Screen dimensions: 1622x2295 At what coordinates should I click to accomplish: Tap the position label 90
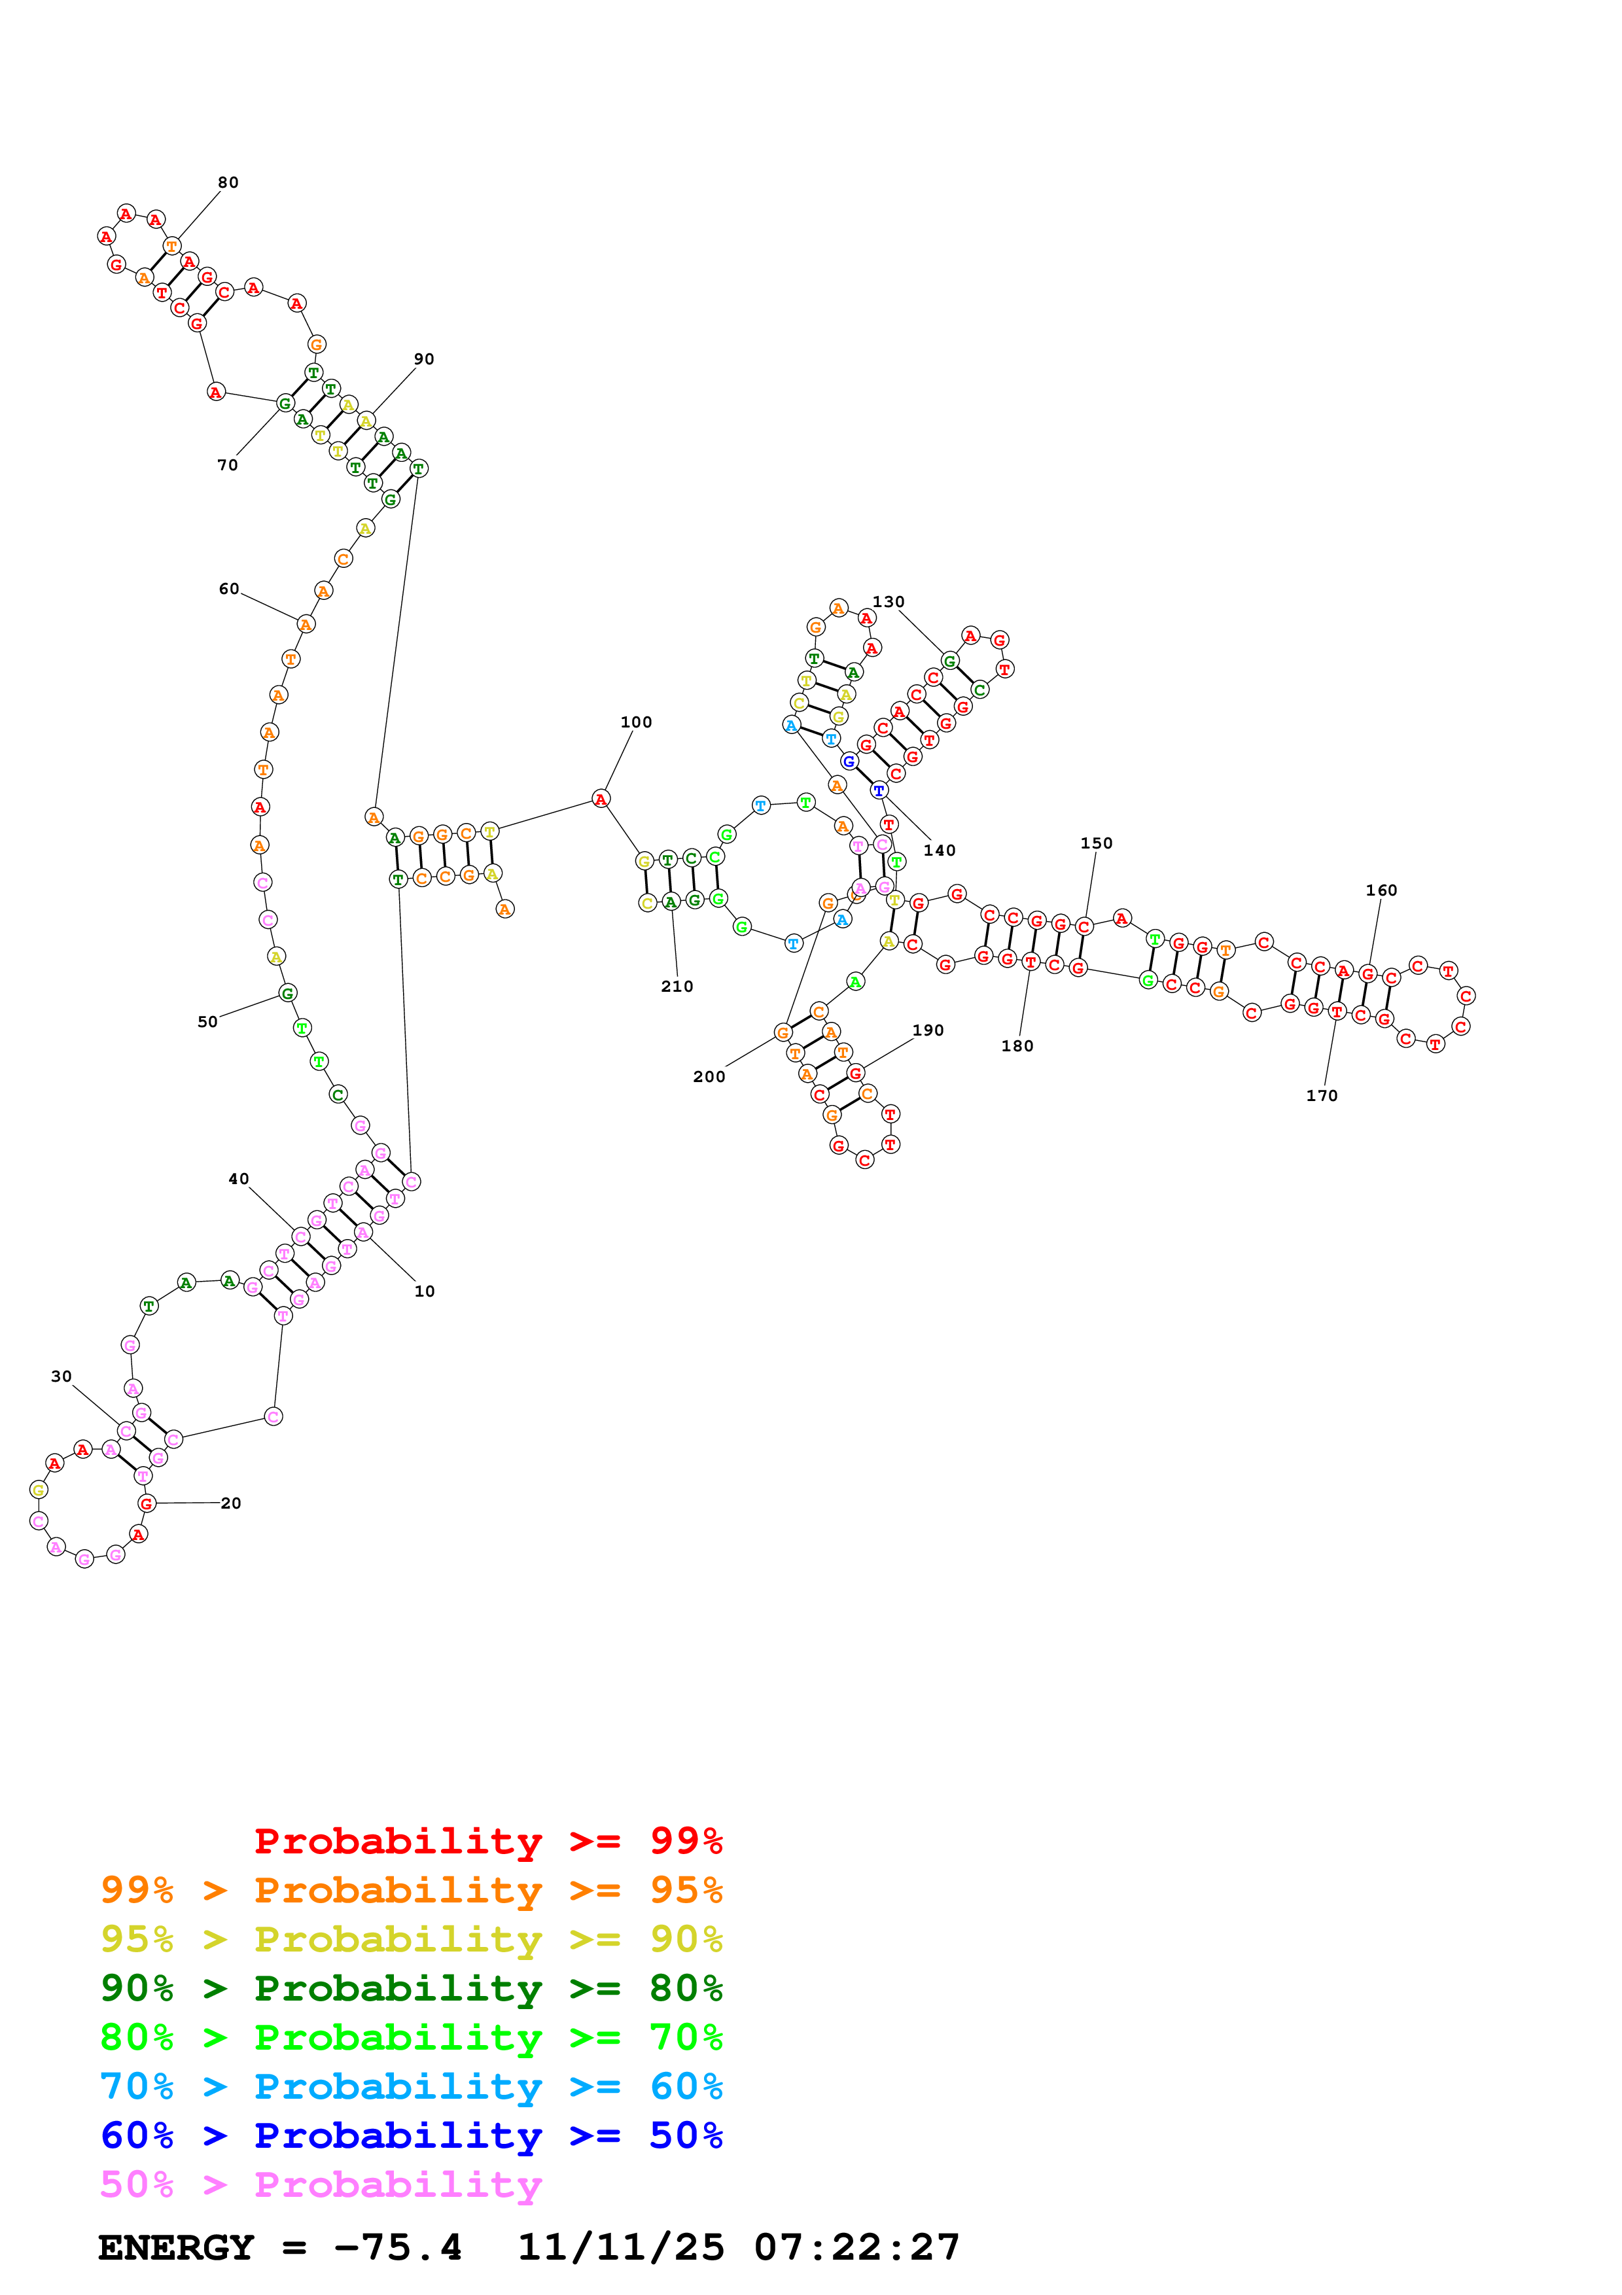424,360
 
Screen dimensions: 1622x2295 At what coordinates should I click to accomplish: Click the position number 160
1381,890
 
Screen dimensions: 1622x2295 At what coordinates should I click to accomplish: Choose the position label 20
231,1503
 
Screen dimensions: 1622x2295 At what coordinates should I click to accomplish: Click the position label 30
61,1376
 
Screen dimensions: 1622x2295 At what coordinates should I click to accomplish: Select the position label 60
229,589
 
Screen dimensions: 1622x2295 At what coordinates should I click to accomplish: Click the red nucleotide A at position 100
601,799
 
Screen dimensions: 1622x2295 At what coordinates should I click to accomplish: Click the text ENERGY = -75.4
280,2248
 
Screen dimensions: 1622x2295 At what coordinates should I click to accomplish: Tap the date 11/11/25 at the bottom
621,2248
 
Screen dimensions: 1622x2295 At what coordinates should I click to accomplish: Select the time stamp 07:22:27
856,2248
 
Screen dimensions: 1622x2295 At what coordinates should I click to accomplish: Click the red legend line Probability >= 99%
487,1841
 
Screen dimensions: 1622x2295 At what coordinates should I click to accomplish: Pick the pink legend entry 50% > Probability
321,2185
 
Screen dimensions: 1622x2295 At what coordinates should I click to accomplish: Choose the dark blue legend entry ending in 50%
411,2136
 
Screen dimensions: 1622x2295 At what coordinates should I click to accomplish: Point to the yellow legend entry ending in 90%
411,1939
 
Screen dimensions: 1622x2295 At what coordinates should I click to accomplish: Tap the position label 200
709,1077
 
